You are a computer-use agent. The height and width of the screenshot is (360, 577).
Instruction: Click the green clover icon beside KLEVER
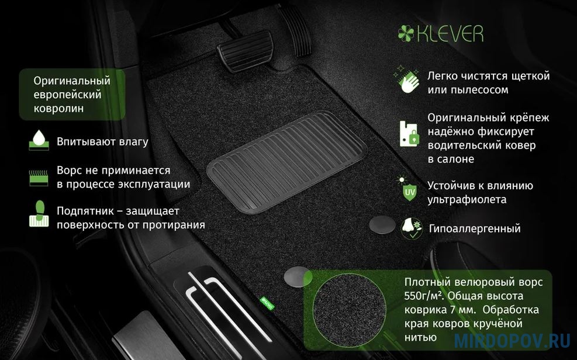click(406, 33)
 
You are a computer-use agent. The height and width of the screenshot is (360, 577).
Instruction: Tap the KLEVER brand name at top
click(450, 33)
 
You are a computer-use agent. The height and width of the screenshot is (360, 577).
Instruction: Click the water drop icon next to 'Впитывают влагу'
click(39, 140)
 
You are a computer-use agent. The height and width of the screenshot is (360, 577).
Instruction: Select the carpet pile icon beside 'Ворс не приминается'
click(39, 177)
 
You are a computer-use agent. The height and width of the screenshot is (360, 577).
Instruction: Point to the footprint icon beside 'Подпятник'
click(39, 213)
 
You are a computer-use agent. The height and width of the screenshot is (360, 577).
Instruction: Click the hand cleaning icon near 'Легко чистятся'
click(407, 79)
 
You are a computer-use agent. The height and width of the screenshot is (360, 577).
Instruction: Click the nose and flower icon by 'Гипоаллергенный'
click(412, 229)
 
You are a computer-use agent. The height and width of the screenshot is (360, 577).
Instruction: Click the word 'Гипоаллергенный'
click(475, 229)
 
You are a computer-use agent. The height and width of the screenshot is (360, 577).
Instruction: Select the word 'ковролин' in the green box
click(58, 109)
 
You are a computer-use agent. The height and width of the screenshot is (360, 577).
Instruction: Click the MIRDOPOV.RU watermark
click(512, 341)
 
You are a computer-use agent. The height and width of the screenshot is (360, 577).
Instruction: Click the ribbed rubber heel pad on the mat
click(286, 162)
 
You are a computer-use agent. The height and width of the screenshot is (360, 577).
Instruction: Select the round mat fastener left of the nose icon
click(382, 224)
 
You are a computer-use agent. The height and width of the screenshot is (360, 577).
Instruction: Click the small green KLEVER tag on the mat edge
click(267, 302)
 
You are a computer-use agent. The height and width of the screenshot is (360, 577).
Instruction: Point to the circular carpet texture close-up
click(350, 310)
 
